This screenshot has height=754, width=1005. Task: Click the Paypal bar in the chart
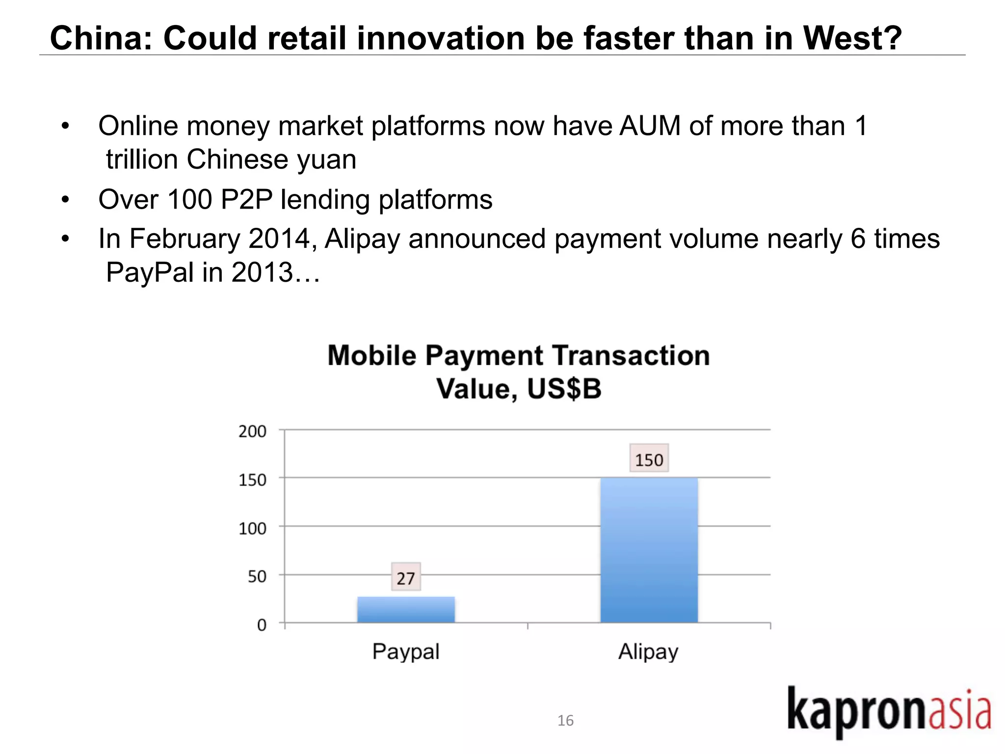pyautogui.click(x=406, y=610)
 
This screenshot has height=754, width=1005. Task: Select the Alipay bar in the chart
pyautogui.click(x=649, y=550)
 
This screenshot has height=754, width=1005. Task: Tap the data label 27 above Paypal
pyautogui.click(x=406, y=577)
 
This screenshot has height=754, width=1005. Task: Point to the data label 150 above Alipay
pyautogui.click(x=649, y=459)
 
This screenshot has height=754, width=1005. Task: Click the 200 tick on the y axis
pyautogui.click(x=252, y=431)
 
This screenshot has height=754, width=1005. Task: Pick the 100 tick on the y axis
pyautogui.click(x=252, y=528)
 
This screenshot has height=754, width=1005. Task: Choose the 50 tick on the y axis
pyautogui.click(x=257, y=576)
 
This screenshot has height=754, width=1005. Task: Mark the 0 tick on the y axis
pyautogui.click(x=262, y=624)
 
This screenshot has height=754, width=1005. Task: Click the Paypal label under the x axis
pyautogui.click(x=406, y=651)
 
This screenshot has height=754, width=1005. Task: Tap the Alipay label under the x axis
pyautogui.click(x=648, y=651)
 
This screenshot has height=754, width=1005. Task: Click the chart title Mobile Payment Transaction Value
pyautogui.click(x=519, y=372)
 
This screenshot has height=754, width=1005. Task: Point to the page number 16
pyautogui.click(x=565, y=720)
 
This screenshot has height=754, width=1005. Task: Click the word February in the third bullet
pyautogui.click(x=185, y=239)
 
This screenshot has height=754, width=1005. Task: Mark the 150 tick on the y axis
pyautogui.click(x=252, y=479)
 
